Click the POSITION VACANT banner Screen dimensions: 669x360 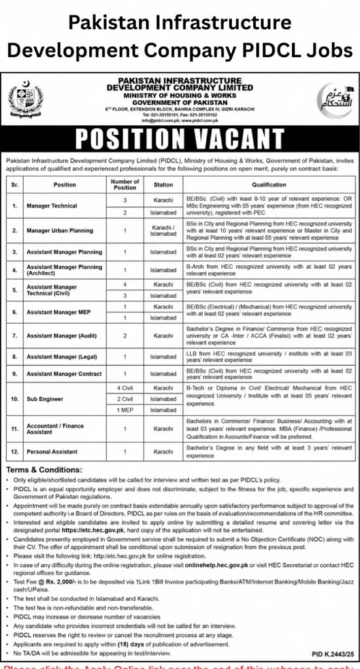180,139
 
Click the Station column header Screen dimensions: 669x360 163,184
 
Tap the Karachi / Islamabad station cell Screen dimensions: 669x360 163,230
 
